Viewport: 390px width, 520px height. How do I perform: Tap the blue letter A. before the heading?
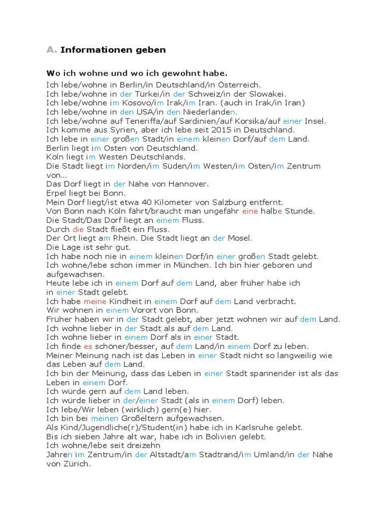[51, 49]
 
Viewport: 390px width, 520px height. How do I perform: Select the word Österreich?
[241, 85]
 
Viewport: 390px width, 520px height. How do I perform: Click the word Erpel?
[57, 193]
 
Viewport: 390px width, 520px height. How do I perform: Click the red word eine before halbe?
[250, 211]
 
